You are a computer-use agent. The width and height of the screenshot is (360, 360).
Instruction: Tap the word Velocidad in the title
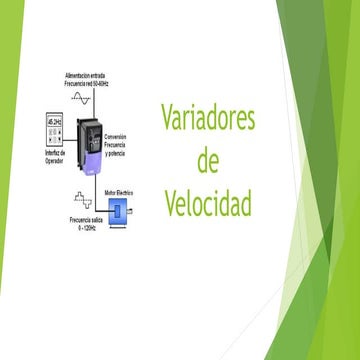click(x=208, y=204)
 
